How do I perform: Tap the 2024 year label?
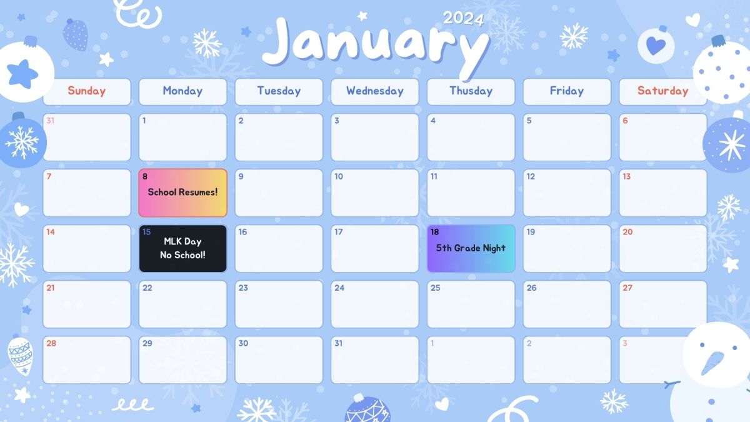point(463,18)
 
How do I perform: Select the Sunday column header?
point(87,91)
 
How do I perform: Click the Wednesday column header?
point(374,91)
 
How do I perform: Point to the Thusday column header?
point(471,91)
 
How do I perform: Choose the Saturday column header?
point(662,91)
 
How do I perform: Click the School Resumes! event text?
point(182,193)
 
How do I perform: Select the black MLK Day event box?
point(182,248)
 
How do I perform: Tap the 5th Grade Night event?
point(471,248)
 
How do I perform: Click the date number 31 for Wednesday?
point(339,343)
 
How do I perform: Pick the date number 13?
point(626,176)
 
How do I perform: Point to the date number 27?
point(627,288)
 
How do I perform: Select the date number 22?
point(147,288)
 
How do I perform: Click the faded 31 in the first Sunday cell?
point(51,121)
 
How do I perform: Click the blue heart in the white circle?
point(656,46)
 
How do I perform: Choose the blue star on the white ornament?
point(23,73)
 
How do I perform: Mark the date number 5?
point(529,121)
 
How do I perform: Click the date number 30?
point(243,343)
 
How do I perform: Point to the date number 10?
point(339,176)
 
